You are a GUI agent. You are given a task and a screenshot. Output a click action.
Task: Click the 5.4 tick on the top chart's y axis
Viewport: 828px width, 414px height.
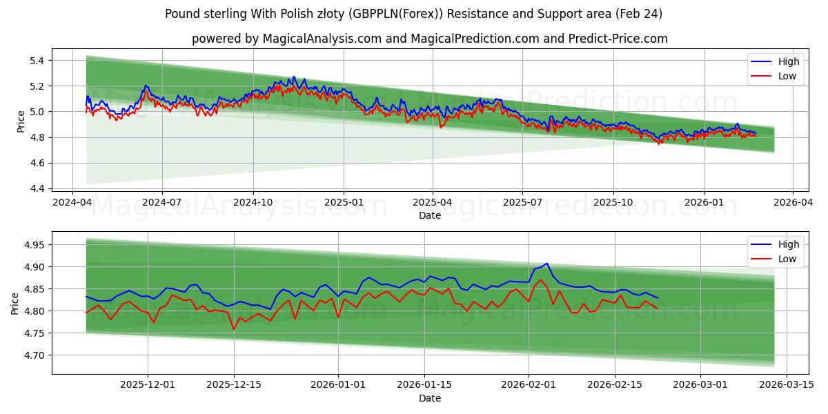tap(37, 61)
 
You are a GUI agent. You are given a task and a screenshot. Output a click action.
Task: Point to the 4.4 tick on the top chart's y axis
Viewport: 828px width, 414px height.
tap(37, 188)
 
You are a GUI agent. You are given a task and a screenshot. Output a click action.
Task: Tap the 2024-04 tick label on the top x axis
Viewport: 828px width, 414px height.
tap(73, 203)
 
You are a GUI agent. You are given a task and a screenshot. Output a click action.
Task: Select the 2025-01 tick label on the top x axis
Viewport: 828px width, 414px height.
tap(344, 203)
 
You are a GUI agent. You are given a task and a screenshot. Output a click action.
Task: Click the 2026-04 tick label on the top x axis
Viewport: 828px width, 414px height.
tap(792, 203)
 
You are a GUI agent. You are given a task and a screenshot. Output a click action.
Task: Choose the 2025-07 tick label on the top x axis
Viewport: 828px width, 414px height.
tap(522, 203)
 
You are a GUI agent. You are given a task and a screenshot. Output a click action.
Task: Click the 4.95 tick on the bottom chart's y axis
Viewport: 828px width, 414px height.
tap(33, 245)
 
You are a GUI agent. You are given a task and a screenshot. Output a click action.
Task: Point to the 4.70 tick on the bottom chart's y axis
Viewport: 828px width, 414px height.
tap(33, 355)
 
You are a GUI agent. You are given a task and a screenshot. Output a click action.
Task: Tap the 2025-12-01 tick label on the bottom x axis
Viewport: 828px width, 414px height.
tap(148, 385)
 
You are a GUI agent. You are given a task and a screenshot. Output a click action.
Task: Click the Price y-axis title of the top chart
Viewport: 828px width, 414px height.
tap(21, 121)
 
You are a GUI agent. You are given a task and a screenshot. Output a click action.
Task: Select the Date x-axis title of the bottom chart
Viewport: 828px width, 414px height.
tap(429, 398)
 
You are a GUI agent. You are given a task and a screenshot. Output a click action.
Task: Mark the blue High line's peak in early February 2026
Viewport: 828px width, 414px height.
tap(546, 263)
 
